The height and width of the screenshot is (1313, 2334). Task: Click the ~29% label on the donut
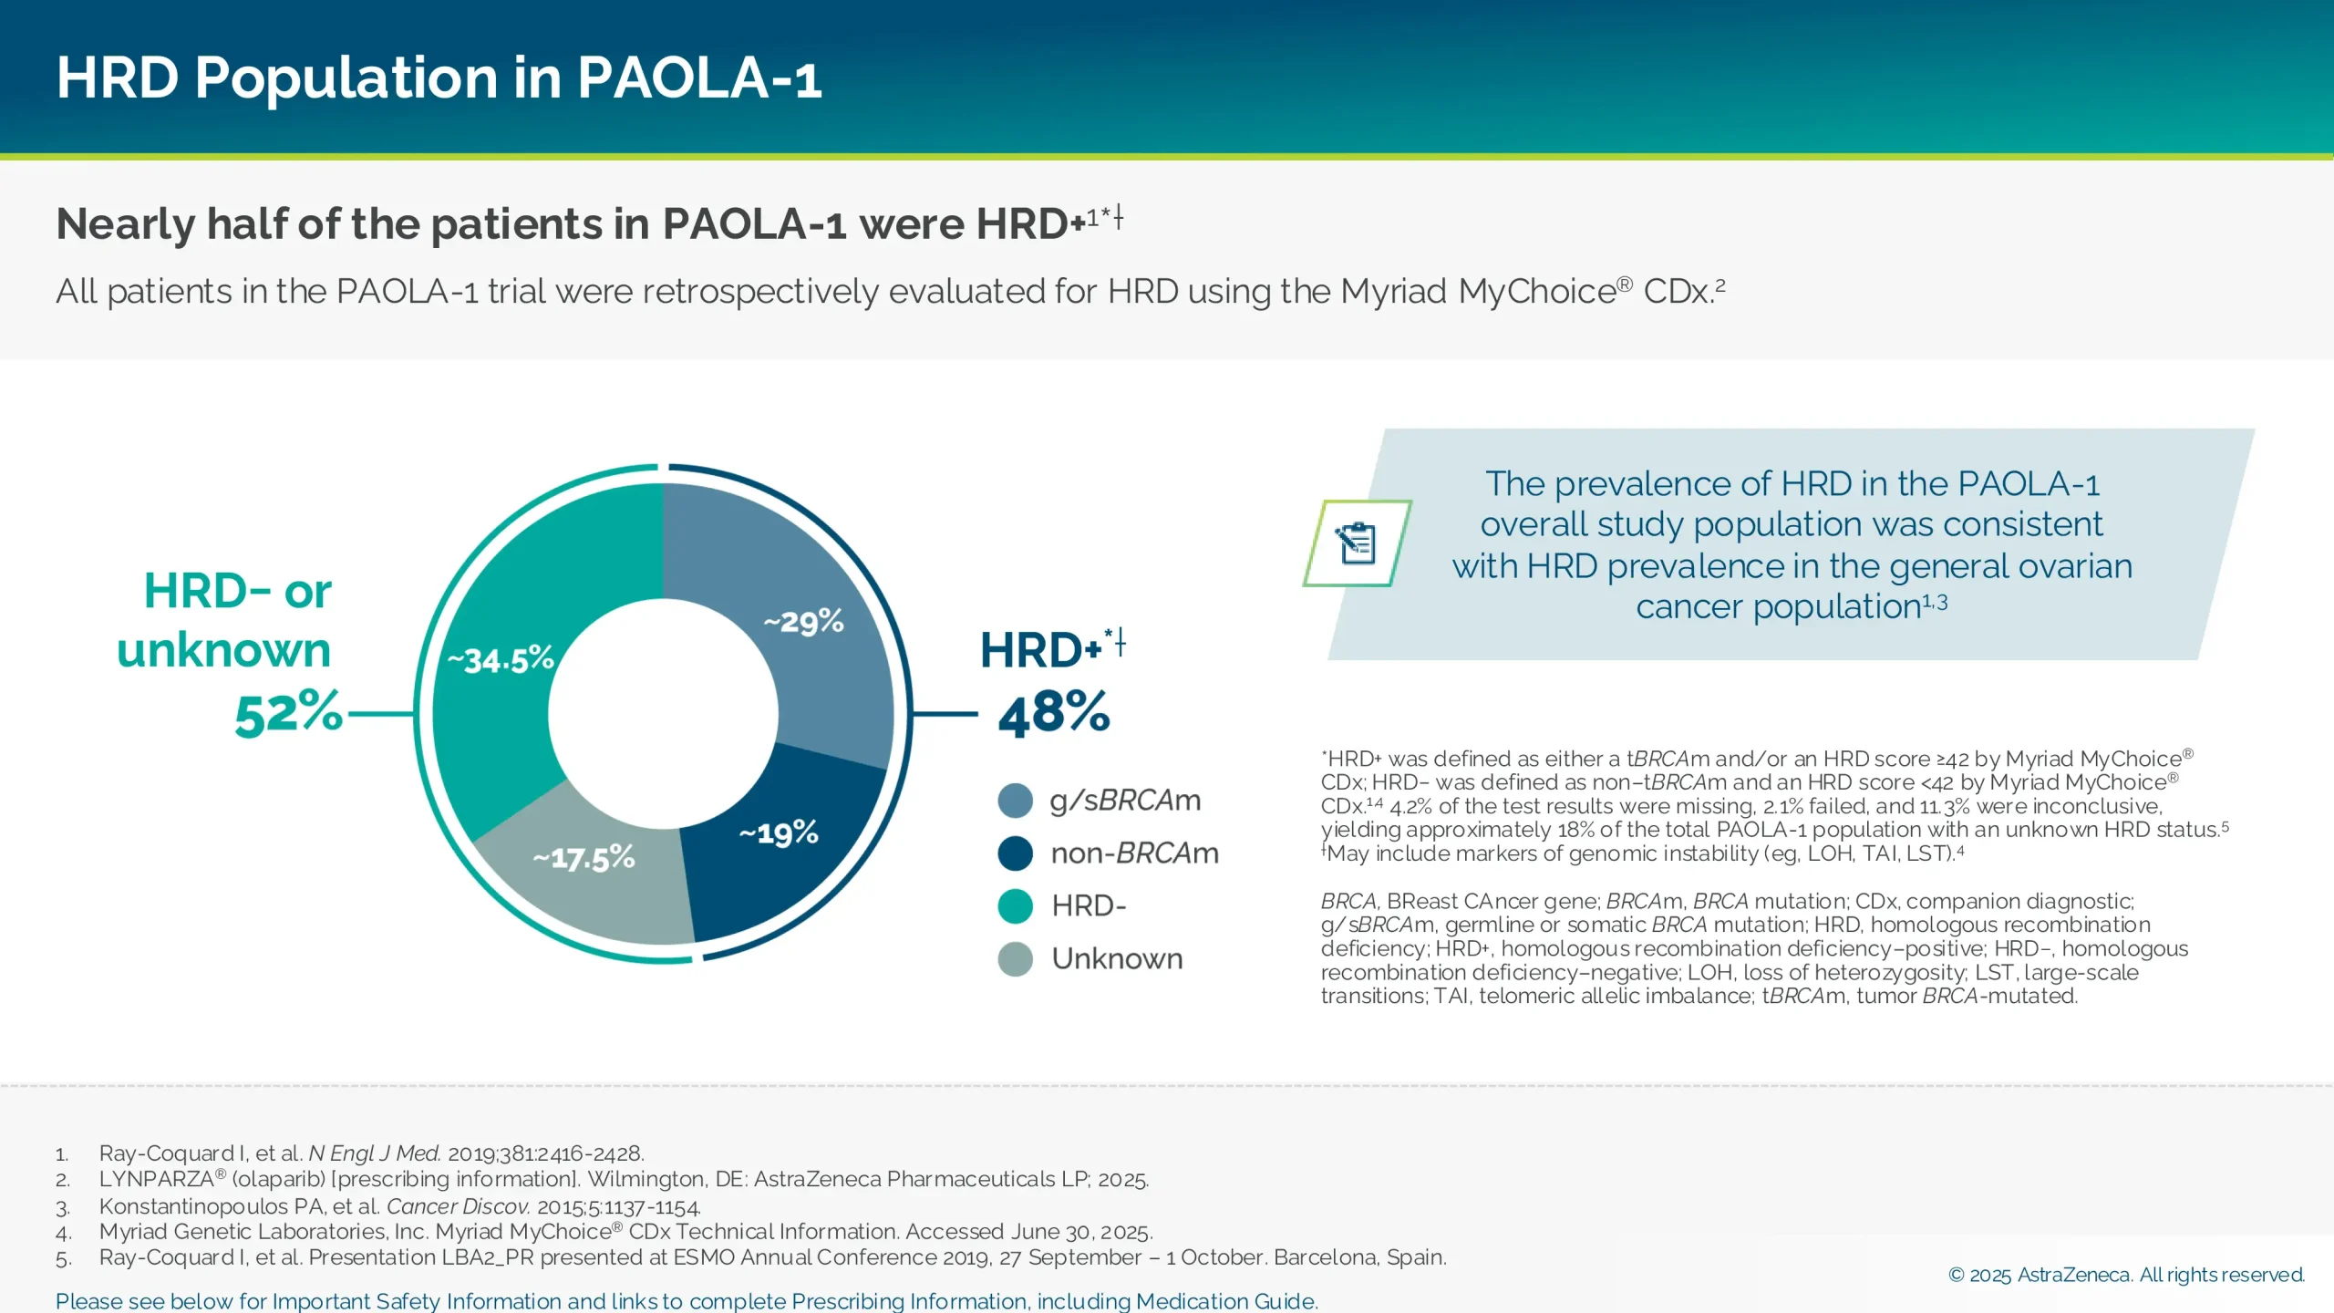coord(803,623)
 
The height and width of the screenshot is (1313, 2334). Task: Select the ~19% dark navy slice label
coord(778,833)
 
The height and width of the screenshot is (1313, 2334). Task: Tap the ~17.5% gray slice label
coord(583,858)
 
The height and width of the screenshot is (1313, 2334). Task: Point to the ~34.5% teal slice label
coord(501,659)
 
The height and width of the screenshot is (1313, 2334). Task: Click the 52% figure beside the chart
coord(288,713)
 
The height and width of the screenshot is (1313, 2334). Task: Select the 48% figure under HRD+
coord(1054,713)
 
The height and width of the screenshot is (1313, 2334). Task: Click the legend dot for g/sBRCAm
coord(1015,801)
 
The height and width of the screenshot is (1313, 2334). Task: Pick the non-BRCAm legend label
coord(1134,853)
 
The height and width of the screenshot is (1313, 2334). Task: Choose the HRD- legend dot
coord(1015,906)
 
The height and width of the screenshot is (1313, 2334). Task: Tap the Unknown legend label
coord(1117,959)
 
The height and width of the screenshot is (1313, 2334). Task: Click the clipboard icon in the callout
coord(1357,543)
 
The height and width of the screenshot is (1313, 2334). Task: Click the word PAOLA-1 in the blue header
coord(698,78)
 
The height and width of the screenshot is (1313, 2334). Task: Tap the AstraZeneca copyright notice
coord(2125,1275)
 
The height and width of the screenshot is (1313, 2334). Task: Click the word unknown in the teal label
coord(223,651)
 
